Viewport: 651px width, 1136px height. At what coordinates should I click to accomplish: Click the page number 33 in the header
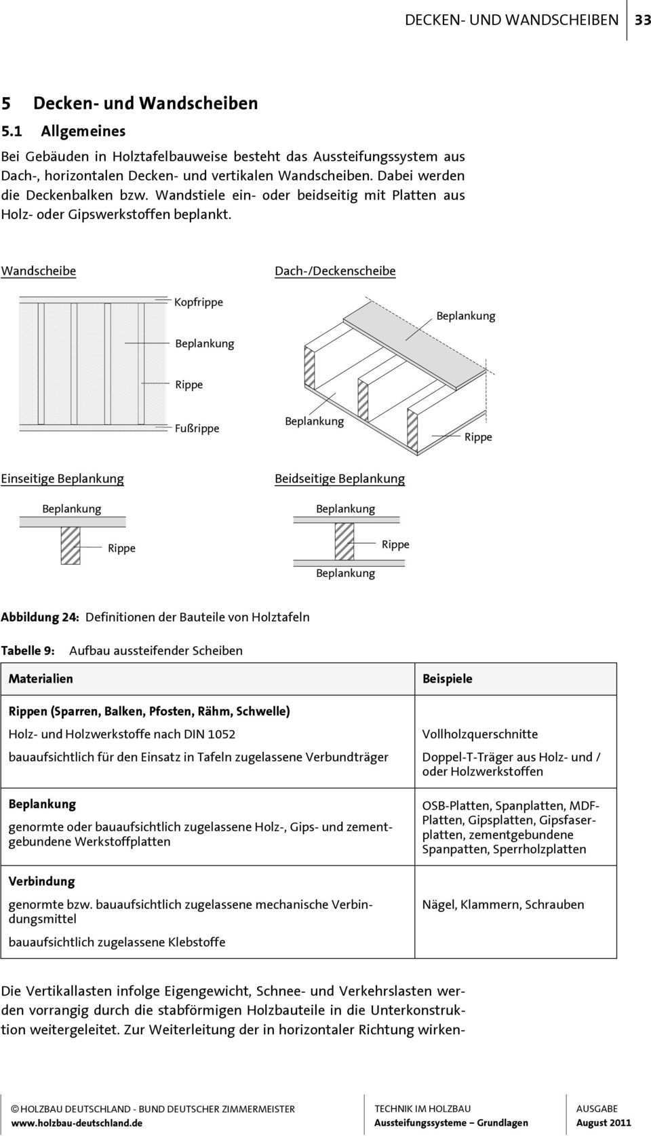(642, 20)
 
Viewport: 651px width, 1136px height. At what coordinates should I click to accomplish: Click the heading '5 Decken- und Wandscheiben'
(130, 103)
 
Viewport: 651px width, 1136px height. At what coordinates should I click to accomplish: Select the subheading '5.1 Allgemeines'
(63, 132)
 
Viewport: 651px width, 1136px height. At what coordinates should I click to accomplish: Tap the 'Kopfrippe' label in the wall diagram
(199, 302)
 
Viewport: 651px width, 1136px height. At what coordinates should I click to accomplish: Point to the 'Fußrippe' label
(197, 428)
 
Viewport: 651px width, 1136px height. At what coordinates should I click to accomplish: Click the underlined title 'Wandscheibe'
(39, 271)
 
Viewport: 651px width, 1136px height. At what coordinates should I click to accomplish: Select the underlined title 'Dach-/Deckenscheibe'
(335, 271)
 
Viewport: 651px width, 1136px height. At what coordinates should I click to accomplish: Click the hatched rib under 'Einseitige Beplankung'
(71, 546)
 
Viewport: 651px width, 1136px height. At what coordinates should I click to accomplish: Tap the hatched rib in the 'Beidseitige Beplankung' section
(344, 542)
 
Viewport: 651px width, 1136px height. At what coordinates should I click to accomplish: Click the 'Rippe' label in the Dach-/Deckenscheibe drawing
(478, 437)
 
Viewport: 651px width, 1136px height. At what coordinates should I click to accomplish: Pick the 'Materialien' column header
(41, 679)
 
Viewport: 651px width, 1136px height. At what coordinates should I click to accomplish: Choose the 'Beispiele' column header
(448, 679)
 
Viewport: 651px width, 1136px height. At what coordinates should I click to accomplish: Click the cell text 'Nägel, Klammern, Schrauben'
(503, 905)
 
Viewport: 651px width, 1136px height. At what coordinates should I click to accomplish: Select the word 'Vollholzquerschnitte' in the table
(480, 734)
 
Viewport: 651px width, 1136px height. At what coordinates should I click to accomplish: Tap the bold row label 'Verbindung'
(41, 882)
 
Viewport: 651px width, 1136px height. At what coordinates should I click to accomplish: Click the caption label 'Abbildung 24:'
(40, 618)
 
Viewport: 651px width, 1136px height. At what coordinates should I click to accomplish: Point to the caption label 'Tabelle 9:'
(28, 651)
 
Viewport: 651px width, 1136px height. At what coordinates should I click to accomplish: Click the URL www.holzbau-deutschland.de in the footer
(77, 1123)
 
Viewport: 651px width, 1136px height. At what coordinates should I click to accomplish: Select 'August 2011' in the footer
(604, 1123)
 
